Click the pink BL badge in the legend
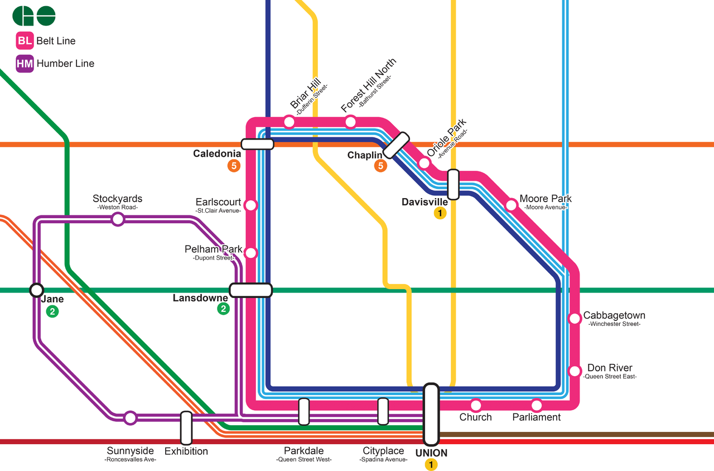(x=25, y=41)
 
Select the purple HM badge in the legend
(x=25, y=64)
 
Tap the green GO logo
(x=34, y=16)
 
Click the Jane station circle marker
(x=37, y=290)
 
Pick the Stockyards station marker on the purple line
(x=118, y=219)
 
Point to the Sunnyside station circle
(x=130, y=417)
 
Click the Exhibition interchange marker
(x=186, y=428)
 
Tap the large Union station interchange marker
(x=431, y=414)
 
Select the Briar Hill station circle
(x=289, y=122)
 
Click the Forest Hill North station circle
(x=350, y=122)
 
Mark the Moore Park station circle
(x=511, y=205)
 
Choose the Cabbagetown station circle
(x=574, y=318)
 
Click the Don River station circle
(x=574, y=371)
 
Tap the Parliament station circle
(x=537, y=405)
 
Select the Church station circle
(x=476, y=405)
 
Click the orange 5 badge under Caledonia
(x=234, y=166)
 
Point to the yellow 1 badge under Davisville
(x=440, y=213)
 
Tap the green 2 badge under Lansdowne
(x=223, y=309)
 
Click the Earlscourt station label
(x=218, y=202)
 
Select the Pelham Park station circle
(x=251, y=253)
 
